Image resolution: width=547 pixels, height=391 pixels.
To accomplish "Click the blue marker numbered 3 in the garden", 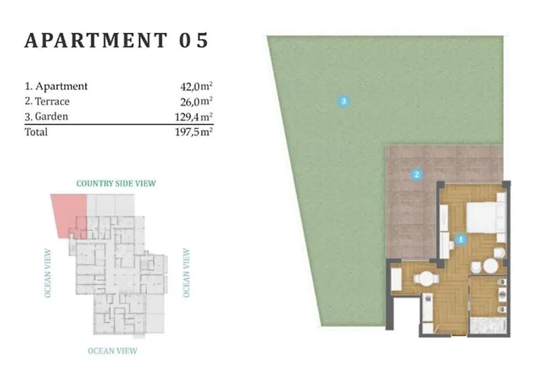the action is (x=344, y=101).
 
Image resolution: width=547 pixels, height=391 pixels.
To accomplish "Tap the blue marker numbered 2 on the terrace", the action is (x=417, y=174).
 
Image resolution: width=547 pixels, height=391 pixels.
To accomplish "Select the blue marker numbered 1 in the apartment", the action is (x=461, y=239).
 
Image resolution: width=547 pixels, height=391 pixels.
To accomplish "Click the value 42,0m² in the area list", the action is (x=196, y=86).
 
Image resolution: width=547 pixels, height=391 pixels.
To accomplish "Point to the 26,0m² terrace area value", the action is (x=196, y=101).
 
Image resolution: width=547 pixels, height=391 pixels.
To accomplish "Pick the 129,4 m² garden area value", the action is (x=194, y=117).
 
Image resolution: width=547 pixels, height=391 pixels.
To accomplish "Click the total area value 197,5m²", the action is (x=194, y=132).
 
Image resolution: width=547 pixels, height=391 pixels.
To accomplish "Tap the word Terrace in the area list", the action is (x=52, y=101).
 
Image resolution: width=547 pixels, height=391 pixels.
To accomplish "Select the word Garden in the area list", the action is (x=52, y=117).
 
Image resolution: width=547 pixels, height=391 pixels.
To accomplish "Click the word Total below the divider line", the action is (x=36, y=132).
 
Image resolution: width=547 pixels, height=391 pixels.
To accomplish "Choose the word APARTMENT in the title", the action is (x=96, y=40).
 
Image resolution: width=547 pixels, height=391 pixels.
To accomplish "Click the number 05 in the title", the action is (x=194, y=40).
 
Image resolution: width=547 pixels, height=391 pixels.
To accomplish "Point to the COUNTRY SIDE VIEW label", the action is (x=116, y=183).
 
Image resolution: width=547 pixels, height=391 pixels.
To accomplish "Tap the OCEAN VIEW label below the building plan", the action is (x=113, y=351).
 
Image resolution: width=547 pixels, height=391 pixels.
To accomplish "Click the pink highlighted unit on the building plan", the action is (x=69, y=215).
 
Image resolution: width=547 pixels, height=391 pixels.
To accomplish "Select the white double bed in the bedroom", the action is (x=486, y=217).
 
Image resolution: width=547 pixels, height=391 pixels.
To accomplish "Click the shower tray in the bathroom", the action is (x=488, y=325).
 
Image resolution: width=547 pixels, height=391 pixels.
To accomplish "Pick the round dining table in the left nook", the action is (x=426, y=278).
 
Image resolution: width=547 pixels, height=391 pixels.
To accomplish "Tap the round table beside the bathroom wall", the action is (x=491, y=267).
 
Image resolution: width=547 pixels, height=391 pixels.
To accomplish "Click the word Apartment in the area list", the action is (x=62, y=86).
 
